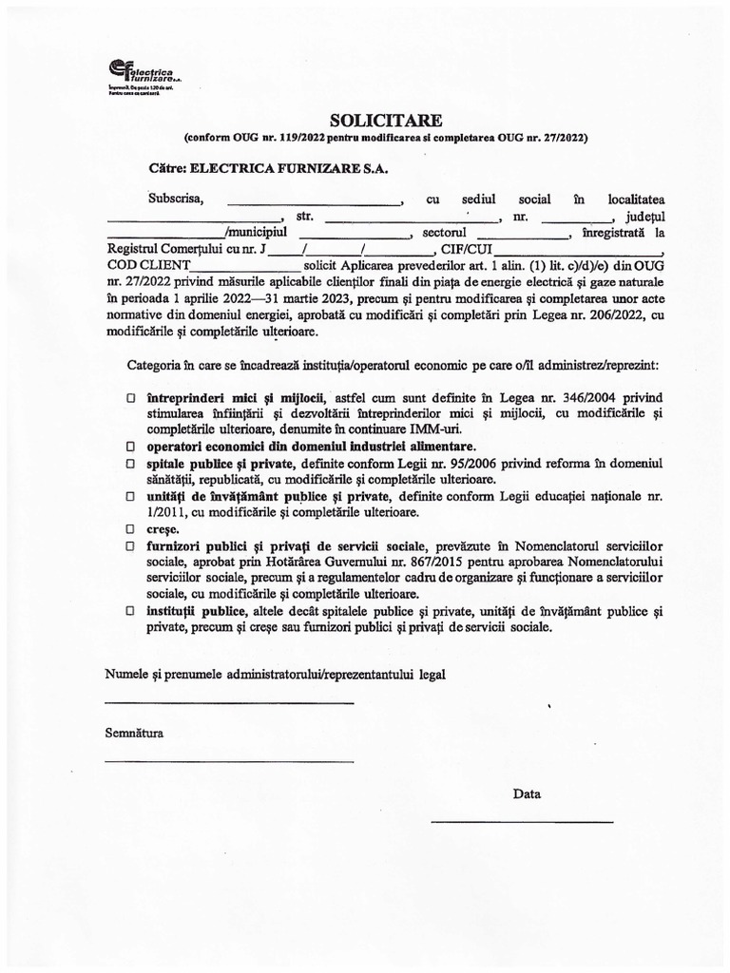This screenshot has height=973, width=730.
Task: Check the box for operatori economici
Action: pos(131,446)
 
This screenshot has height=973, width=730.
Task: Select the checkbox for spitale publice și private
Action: pos(131,463)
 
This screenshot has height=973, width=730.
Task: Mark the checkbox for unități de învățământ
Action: pos(131,496)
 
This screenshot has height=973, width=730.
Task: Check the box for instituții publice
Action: pos(131,612)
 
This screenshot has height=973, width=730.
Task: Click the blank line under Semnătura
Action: pos(228,760)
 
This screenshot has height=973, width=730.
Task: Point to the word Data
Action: pos(527,793)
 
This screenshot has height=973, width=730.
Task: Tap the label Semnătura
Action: pos(134,734)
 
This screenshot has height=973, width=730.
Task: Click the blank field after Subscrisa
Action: pos(315,202)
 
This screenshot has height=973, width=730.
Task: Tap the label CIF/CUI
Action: pos(463,250)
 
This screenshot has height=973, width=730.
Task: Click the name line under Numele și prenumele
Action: pos(228,702)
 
